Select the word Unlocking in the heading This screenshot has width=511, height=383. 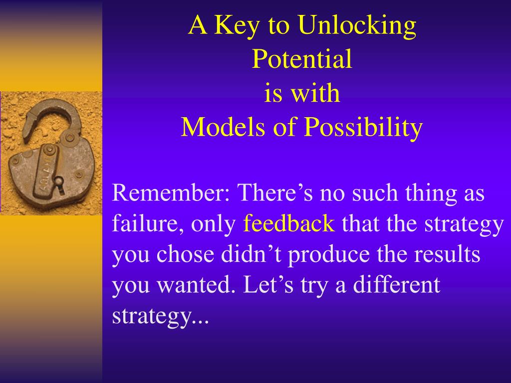357,25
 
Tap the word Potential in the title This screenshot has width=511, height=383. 302,59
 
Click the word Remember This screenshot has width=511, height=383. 171,193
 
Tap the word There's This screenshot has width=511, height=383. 275,192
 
